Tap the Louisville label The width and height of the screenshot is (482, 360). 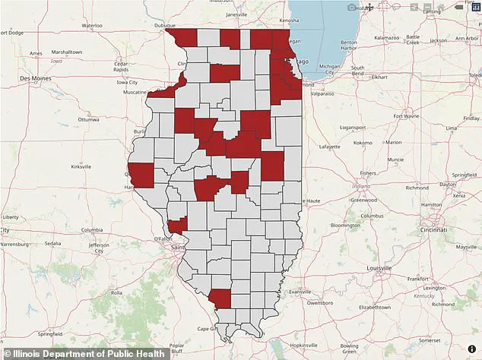pos(379,268)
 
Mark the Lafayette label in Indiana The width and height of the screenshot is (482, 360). pos(329,146)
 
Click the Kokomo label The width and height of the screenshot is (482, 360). pos(362,142)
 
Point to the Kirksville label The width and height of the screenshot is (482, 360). pos(81,166)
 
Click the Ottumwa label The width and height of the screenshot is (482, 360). pos(88,119)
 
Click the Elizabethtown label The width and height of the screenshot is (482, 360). pos(374,308)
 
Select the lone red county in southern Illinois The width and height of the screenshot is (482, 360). pos(220,298)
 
